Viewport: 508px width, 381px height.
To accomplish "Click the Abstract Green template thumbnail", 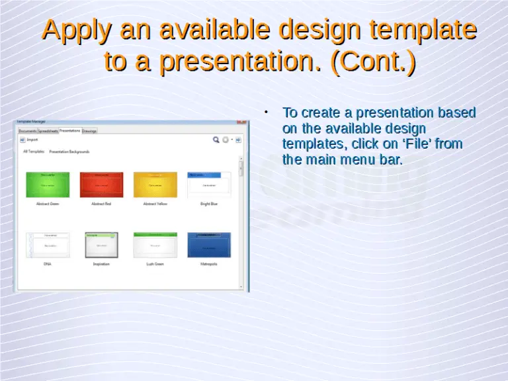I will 47,185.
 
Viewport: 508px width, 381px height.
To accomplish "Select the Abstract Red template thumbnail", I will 101,185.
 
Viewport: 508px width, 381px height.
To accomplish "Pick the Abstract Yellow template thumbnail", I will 155,185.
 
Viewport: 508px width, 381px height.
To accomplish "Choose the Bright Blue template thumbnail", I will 209,185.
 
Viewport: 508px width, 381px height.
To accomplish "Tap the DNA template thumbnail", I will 47,245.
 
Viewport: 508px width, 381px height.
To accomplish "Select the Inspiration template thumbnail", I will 101,245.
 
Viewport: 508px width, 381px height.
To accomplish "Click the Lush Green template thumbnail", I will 155,245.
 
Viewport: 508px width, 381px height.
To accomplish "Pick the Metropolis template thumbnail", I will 209,245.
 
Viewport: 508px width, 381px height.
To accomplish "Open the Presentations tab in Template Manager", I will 70,130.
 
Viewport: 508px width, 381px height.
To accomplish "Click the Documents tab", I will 28,131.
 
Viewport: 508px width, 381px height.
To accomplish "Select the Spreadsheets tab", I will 48,131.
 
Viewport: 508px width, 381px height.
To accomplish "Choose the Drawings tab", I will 89,131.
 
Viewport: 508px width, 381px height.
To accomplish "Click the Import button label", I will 32,140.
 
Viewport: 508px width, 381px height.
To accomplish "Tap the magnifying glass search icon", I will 216,140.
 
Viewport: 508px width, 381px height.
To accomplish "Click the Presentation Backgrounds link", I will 69,151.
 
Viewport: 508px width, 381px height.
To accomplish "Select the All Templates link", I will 34,151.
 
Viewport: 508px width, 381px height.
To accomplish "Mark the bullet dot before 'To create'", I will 265,112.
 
